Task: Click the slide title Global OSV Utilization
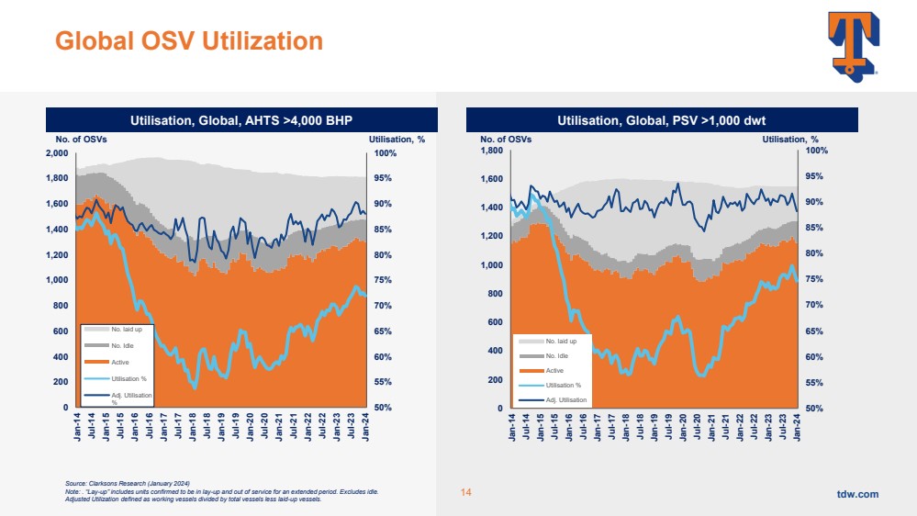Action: (189, 40)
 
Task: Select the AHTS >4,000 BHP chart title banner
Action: (241, 120)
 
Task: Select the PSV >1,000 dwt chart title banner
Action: (662, 120)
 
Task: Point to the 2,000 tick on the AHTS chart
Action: (56, 152)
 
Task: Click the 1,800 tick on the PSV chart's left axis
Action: (493, 151)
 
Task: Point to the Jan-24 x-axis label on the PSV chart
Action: (797, 428)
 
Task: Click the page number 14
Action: (465, 494)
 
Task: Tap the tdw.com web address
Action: (857, 494)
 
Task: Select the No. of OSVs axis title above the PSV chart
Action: (506, 140)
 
